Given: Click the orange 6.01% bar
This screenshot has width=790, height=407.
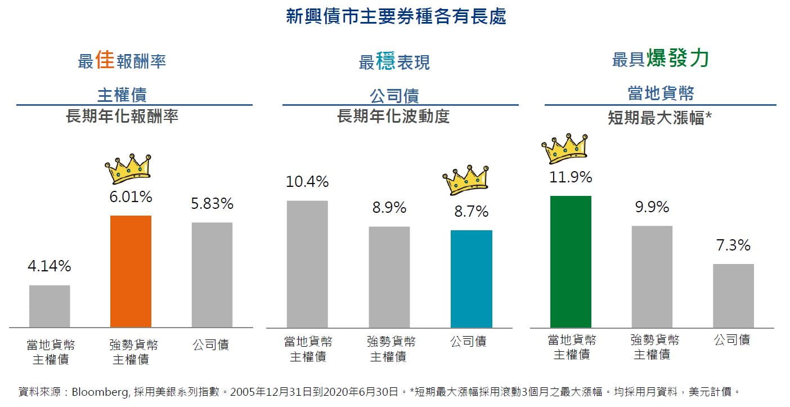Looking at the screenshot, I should (131, 271).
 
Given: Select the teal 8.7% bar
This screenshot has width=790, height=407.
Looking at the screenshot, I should (472, 279).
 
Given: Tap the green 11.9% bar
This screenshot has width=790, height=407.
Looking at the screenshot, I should (571, 262).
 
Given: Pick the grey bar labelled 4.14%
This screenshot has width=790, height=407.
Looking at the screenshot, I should (50, 306).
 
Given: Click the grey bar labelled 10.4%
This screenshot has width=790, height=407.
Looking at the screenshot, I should (307, 264).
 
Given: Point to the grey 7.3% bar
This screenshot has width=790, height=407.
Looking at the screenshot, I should (733, 296).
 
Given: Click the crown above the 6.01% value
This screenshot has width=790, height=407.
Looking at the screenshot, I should (128, 168).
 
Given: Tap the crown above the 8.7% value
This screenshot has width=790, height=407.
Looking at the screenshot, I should (466, 179).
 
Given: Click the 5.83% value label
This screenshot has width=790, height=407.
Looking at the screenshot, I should (212, 204).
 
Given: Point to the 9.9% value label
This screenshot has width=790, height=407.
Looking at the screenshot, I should (652, 207).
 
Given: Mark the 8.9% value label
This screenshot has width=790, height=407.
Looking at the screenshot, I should (389, 208).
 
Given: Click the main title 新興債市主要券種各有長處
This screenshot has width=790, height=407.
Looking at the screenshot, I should (396, 16).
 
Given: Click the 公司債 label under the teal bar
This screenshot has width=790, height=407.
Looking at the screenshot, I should (468, 341).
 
